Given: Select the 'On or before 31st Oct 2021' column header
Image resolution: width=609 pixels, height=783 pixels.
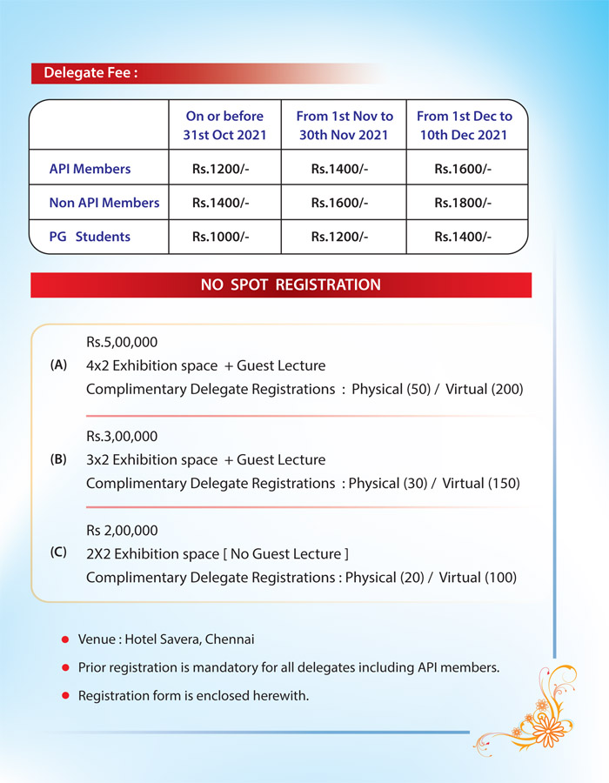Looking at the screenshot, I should tap(224, 125).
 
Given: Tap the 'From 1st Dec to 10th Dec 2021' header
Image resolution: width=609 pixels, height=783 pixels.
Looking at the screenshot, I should tap(465, 125).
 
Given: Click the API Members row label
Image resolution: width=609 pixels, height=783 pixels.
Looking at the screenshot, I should tap(90, 169).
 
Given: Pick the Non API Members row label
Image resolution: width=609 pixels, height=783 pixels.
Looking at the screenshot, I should tap(104, 203).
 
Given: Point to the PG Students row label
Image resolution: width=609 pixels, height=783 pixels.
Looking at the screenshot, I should tap(90, 237).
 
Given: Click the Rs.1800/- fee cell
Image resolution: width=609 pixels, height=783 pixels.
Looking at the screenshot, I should tap(463, 203).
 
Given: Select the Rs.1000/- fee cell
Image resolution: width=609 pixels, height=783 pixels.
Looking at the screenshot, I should tap(221, 237).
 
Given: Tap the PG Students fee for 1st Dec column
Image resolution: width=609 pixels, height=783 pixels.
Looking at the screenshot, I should tap(463, 237).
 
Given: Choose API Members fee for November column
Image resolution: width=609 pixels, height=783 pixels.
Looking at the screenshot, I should tap(339, 169).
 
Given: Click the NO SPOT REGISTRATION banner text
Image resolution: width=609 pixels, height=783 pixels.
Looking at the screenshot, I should tap(291, 284).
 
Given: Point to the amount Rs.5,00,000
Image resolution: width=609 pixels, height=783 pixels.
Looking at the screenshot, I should tap(122, 342).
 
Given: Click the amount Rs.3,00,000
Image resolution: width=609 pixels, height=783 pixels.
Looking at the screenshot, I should tap(122, 436).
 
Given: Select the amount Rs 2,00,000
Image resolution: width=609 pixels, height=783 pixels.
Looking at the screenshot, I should tap(122, 530).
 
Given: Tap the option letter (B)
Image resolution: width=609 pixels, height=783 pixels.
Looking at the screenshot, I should tap(59, 459).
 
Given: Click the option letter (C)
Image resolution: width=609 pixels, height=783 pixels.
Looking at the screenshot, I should tap(59, 552).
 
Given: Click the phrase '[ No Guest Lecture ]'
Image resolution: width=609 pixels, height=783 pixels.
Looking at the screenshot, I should tap(285, 553).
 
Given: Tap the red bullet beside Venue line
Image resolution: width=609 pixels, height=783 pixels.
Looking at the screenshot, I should tap(65, 639).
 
